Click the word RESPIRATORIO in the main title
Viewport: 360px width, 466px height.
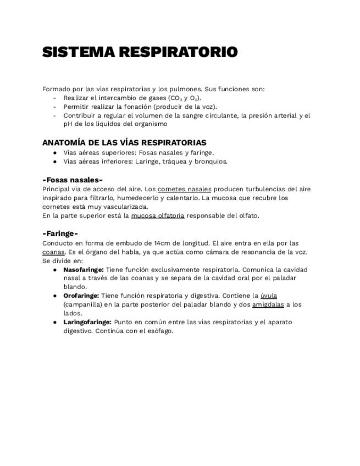point(179,52)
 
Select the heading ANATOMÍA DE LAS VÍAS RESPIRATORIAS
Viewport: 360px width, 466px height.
point(124,142)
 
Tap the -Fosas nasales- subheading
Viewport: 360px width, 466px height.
point(73,180)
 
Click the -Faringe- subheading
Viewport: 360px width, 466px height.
point(60,234)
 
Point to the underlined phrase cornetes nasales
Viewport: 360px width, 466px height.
point(184,189)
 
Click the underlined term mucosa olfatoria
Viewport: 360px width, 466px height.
point(158,215)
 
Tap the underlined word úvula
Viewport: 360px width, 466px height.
point(269,296)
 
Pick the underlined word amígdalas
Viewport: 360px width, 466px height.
point(268,304)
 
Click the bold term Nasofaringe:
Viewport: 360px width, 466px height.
point(84,270)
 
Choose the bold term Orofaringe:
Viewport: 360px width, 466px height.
point(81,296)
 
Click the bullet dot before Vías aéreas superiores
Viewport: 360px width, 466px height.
point(55,153)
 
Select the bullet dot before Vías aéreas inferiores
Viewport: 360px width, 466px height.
point(55,162)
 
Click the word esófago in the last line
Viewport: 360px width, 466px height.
point(159,331)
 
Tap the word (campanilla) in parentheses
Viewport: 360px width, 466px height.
point(81,304)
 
